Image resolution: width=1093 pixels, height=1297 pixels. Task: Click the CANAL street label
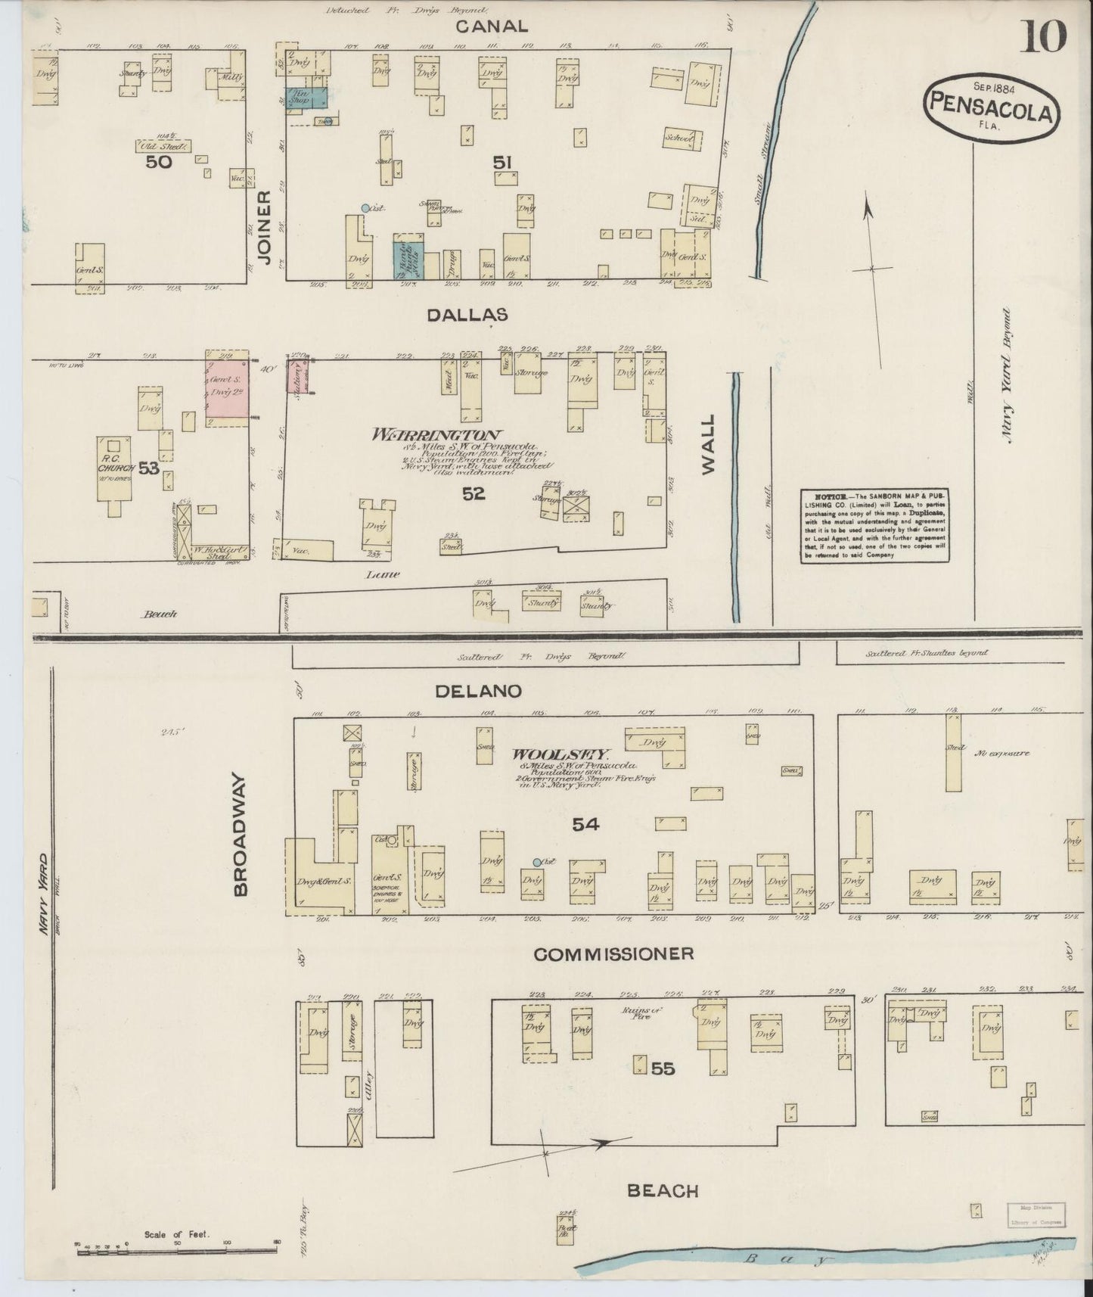pyautogui.click(x=492, y=26)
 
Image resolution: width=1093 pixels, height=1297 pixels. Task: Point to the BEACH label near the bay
pyautogui.click(x=663, y=1191)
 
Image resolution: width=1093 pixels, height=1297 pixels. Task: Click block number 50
pyautogui.click(x=160, y=161)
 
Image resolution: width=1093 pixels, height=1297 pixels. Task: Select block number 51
pyautogui.click(x=503, y=162)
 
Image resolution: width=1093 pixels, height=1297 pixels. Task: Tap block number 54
pyautogui.click(x=585, y=824)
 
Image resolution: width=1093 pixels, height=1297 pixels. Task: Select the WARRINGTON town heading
pyautogui.click(x=436, y=435)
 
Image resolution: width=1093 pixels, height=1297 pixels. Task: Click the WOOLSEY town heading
pyautogui.click(x=560, y=754)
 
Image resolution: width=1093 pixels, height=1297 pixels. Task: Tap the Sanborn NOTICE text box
pyautogui.click(x=874, y=525)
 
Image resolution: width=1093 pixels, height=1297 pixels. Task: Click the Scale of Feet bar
pyautogui.click(x=179, y=1251)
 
